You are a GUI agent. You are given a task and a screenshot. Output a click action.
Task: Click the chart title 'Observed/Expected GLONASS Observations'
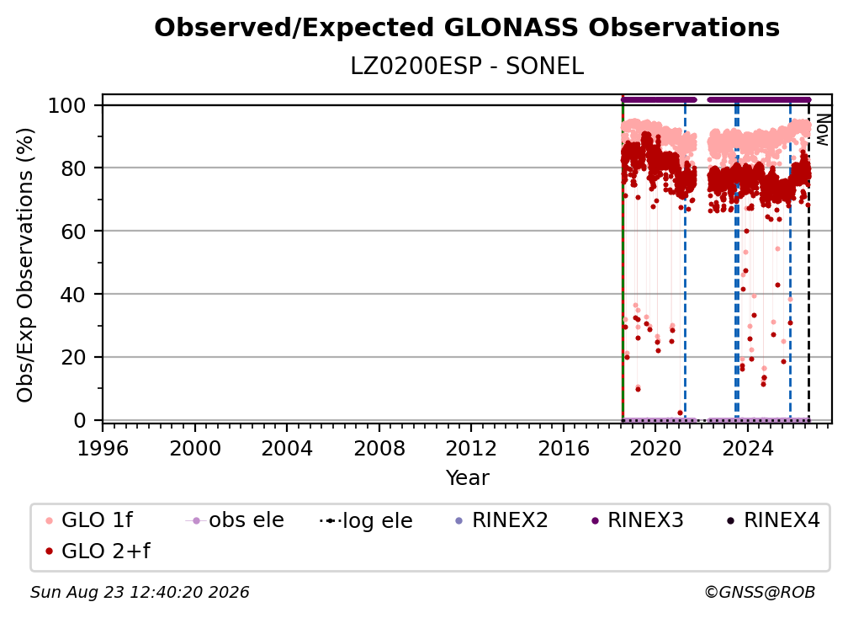click(467, 28)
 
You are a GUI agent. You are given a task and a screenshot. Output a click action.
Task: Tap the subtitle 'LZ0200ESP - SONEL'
click(467, 67)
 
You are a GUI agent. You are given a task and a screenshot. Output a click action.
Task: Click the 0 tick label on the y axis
click(80, 420)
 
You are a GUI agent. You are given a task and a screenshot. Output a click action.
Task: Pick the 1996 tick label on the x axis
click(103, 448)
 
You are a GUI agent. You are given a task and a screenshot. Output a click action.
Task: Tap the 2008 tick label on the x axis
click(379, 448)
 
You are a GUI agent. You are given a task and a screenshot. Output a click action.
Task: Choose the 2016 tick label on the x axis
click(564, 448)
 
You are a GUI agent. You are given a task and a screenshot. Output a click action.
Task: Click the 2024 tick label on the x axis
click(747, 448)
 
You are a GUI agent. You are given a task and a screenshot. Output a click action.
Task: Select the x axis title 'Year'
click(467, 478)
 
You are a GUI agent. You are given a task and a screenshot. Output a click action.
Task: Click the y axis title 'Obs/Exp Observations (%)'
click(25, 264)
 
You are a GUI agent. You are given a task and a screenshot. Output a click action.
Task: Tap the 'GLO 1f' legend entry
click(89, 520)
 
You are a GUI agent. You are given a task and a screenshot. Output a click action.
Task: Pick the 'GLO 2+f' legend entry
click(98, 551)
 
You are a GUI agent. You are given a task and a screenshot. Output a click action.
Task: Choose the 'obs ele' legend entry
click(235, 520)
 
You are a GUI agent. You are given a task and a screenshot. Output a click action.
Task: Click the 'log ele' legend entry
click(366, 520)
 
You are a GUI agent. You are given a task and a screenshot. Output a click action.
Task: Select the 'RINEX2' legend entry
click(502, 520)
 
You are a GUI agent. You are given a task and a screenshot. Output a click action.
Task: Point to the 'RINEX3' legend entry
click(638, 520)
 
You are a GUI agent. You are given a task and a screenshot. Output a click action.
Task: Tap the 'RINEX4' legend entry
click(773, 520)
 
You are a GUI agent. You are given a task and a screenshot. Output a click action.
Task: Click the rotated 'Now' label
click(823, 130)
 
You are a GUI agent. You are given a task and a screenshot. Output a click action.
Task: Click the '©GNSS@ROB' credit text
click(760, 592)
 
